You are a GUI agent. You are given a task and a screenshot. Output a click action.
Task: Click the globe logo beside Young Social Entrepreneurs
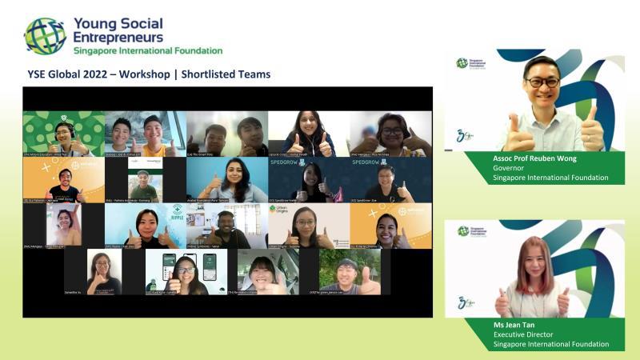pos(45,35)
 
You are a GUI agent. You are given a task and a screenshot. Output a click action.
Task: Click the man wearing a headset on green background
pos(63,134)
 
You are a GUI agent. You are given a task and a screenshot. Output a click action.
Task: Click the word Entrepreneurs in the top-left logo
pos(118,37)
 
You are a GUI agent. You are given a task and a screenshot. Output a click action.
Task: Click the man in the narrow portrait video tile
pos(144,180)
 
